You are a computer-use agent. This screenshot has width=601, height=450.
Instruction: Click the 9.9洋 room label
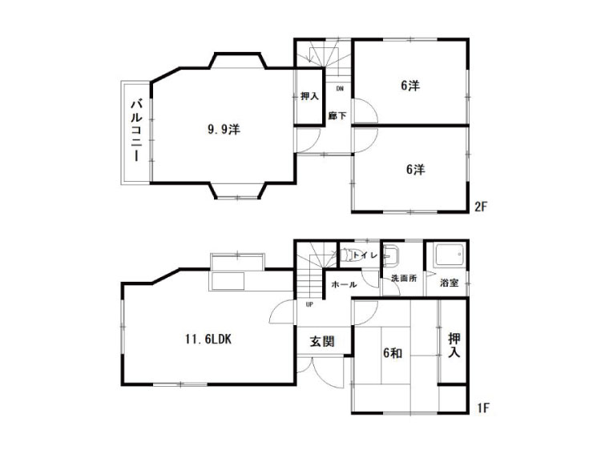coord(224,130)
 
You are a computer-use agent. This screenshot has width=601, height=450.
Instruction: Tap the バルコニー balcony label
coord(137,131)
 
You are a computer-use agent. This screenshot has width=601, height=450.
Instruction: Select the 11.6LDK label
coord(208,340)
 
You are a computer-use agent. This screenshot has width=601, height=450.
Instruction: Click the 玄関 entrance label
coord(322,341)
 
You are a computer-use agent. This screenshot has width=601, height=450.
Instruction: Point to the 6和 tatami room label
coord(393,353)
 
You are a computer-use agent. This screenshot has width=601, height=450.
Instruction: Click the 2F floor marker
coord(481,207)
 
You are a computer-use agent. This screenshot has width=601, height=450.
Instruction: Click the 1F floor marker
coord(483,408)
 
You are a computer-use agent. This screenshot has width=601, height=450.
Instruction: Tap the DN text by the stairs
coord(340,88)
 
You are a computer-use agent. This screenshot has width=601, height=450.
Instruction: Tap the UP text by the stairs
coord(309,304)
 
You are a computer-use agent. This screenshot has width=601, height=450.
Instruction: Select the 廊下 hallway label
coord(337,115)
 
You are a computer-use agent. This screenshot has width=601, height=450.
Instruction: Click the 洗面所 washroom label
coord(404,279)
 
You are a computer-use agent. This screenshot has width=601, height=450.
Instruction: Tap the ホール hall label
coord(344,284)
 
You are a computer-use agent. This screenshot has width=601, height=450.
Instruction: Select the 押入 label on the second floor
coord(309,96)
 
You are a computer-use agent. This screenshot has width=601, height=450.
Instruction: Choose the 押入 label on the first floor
coord(454,345)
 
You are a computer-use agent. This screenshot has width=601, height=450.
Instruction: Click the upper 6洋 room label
coord(410,86)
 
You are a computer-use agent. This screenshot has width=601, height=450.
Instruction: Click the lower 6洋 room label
coord(416,169)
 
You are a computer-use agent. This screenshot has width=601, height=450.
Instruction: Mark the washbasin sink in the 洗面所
coord(392,254)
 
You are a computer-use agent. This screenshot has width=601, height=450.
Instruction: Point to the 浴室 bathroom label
coord(449,283)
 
